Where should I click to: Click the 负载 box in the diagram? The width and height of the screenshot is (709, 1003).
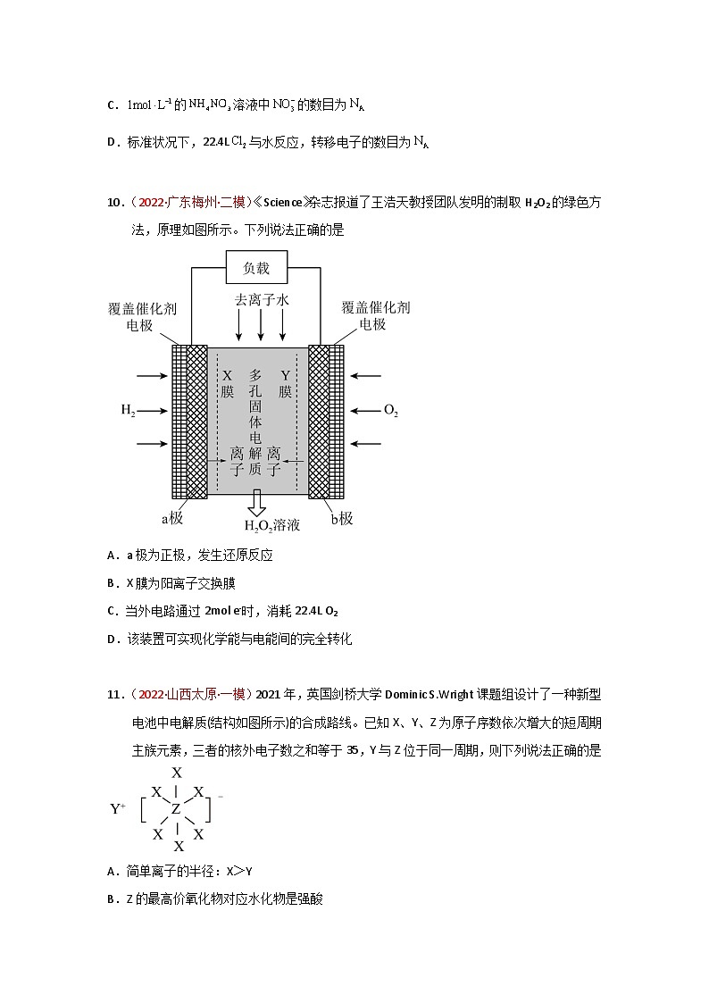click(257, 268)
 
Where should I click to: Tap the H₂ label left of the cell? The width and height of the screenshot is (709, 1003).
click(129, 411)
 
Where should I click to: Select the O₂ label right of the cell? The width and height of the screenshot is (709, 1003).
click(390, 411)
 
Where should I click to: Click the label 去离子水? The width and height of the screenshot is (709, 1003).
click(262, 301)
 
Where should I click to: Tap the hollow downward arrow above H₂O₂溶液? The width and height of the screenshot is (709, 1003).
click(257, 502)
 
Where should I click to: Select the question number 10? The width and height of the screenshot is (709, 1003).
click(114, 203)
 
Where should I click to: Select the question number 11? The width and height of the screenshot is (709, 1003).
click(114, 694)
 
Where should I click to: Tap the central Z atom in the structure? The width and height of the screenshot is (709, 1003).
click(177, 809)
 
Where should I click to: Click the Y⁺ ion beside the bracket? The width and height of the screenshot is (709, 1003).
click(118, 809)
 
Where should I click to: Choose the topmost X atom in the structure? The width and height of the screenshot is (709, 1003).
click(177, 773)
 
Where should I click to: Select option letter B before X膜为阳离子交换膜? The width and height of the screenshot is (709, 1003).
click(112, 583)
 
